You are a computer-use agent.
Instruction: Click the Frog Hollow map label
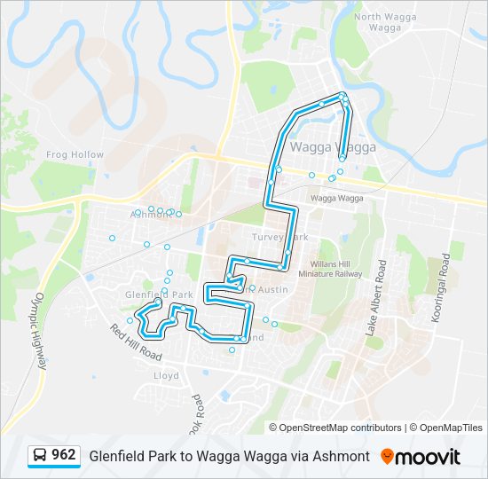point(75,154)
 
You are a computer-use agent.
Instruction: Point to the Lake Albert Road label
point(374,297)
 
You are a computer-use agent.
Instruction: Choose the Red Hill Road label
point(137,342)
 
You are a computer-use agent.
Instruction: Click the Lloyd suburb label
point(166,375)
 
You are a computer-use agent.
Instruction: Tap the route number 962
point(64,455)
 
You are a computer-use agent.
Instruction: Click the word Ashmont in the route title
point(342,456)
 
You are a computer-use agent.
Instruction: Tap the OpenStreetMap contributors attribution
point(341,428)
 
